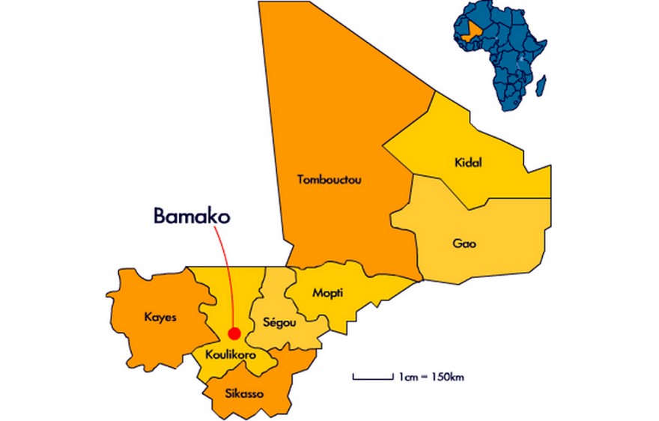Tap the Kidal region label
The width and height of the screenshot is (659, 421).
(x=468, y=163)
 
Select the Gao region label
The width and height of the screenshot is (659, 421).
(x=464, y=243)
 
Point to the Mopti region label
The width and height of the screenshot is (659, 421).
(x=328, y=293)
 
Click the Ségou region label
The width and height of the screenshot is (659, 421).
(x=280, y=322)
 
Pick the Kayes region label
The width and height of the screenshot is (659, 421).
(x=160, y=317)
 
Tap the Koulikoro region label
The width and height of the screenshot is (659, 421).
(x=230, y=355)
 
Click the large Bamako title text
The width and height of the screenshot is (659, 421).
(x=191, y=216)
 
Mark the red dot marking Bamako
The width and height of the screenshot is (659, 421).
(x=234, y=333)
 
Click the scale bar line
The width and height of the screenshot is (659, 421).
(x=372, y=377)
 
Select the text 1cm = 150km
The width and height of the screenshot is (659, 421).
(x=431, y=376)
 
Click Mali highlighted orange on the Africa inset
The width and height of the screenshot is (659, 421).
(x=470, y=31)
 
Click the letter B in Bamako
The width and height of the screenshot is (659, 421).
(x=160, y=216)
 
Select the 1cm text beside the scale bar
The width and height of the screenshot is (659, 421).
(x=407, y=376)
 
